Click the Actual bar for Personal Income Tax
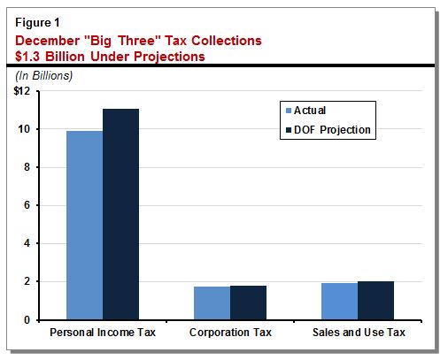point(84,225)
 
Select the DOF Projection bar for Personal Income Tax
point(120,214)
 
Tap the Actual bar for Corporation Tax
point(212,303)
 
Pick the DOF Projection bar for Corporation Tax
point(248,303)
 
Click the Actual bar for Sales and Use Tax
point(339,301)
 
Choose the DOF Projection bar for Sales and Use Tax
point(375,301)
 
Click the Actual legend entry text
point(310,111)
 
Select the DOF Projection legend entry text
point(332,130)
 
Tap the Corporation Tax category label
point(230,333)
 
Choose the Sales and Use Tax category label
point(358,333)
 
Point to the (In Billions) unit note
point(44,75)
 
